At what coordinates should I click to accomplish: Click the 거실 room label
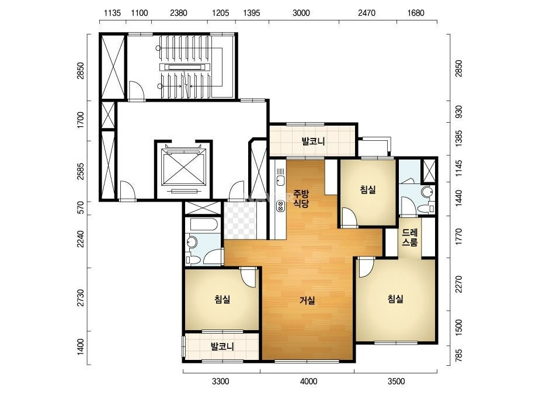tap(307, 300)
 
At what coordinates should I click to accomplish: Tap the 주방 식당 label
tap(301, 199)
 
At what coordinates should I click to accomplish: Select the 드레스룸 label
tap(410, 237)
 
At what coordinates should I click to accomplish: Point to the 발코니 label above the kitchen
tap(313, 141)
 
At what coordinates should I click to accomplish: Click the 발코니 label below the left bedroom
tap(222, 346)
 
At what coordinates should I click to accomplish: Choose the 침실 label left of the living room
tap(222, 299)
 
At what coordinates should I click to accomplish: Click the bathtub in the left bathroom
tap(203, 225)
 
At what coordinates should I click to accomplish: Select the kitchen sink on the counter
tap(280, 181)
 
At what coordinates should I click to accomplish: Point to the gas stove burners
tap(280, 206)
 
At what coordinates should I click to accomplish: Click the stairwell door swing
tap(136, 90)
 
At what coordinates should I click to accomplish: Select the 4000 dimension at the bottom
tap(308, 381)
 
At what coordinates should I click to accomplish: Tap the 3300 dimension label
tap(220, 381)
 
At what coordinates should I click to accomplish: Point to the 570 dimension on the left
tap(81, 208)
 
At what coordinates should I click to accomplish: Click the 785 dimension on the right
tap(458, 356)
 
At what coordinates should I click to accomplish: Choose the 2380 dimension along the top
tap(179, 13)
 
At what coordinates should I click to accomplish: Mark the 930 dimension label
tap(458, 112)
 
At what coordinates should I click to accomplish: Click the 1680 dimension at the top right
tap(416, 13)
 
